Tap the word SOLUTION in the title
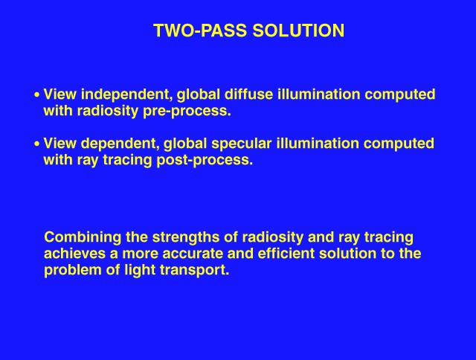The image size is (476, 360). [x=298, y=30]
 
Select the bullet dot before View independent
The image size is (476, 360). [x=37, y=95]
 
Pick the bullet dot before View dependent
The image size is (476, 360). [x=37, y=144]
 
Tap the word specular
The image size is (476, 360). [x=241, y=144]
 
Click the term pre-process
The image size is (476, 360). [x=187, y=111]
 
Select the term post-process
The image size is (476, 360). [x=205, y=160]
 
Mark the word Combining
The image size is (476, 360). [x=83, y=237]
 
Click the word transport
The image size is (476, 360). [x=194, y=271]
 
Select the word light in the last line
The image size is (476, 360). [x=140, y=270]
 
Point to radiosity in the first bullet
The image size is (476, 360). [x=108, y=111]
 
